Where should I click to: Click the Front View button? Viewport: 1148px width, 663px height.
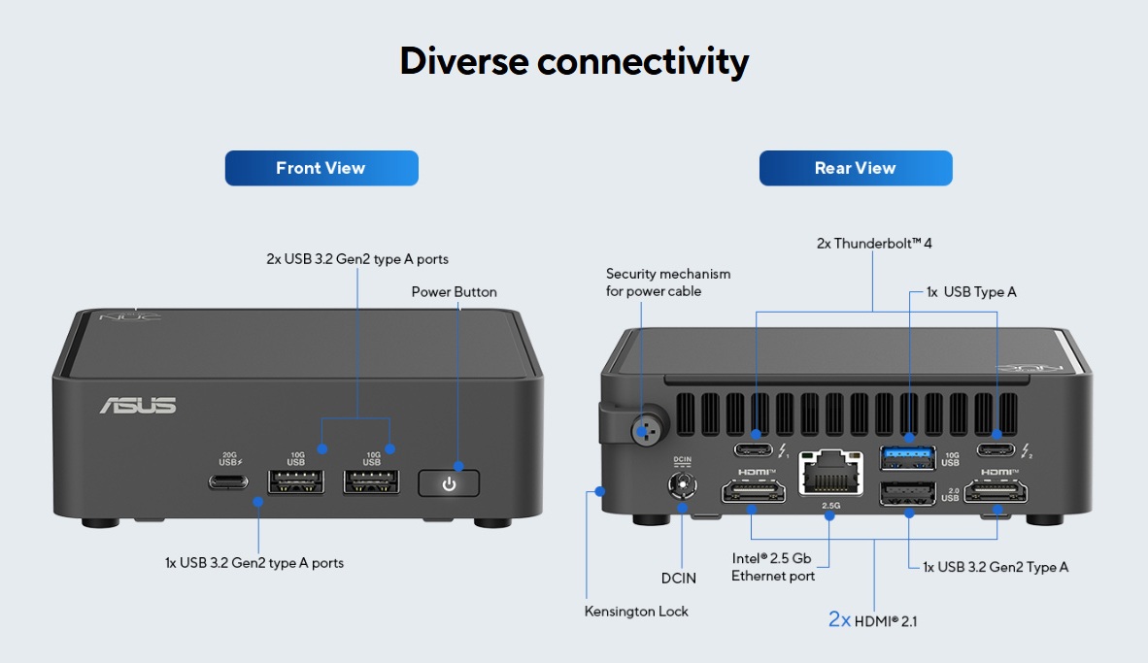[x=321, y=168]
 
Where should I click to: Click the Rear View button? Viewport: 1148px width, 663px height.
[x=856, y=168]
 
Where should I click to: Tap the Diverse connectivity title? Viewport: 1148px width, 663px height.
[x=574, y=61]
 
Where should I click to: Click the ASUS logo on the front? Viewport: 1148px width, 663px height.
[x=138, y=405]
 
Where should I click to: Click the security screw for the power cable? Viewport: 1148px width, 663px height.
[x=646, y=427]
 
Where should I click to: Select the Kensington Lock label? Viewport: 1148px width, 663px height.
[x=636, y=612]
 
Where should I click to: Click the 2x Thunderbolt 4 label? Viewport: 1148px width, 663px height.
[x=874, y=244]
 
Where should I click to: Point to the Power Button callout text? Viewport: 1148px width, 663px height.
[x=454, y=292]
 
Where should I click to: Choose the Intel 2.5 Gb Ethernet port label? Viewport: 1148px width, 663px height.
[x=773, y=567]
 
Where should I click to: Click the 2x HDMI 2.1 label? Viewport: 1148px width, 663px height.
[x=872, y=619]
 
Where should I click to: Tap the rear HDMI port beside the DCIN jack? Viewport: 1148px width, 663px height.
[x=754, y=494]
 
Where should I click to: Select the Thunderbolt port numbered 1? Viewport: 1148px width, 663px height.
[x=754, y=449]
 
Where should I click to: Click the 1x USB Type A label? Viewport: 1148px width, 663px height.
[x=971, y=292]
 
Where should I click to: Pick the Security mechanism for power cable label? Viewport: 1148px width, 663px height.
[x=668, y=282]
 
